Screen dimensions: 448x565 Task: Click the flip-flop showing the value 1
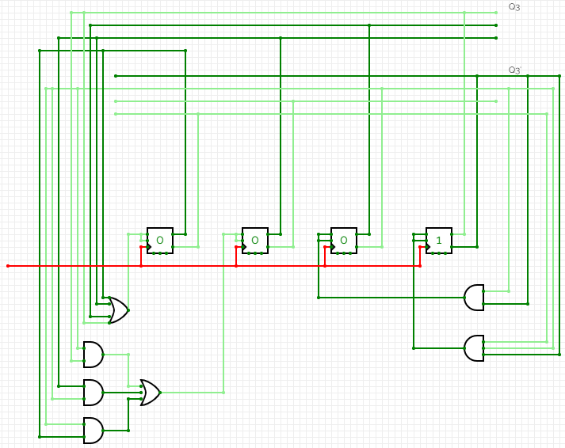(x=438, y=241)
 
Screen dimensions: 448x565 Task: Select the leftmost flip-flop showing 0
(x=159, y=241)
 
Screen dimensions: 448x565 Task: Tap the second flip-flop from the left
(x=255, y=241)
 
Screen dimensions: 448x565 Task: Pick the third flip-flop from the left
(x=344, y=241)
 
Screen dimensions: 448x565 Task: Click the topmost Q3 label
(x=514, y=7)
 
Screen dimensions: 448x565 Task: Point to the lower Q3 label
(x=514, y=70)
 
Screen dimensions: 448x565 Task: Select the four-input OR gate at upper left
(x=118, y=310)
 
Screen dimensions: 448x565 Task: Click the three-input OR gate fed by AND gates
(x=150, y=393)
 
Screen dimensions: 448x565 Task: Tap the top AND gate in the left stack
(x=94, y=355)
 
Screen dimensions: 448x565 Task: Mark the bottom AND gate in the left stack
(x=94, y=431)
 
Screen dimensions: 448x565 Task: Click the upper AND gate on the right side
(x=474, y=298)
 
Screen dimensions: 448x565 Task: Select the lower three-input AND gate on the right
(x=474, y=348)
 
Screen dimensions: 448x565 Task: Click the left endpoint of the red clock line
(x=8, y=266)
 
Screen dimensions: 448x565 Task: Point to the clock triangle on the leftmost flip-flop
(x=150, y=247)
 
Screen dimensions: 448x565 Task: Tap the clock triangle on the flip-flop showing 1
(x=429, y=247)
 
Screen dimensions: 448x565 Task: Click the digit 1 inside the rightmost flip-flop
(x=438, y=240)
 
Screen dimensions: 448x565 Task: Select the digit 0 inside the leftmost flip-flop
(x=159, y=240)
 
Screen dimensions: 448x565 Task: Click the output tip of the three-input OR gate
(x=160, y=393)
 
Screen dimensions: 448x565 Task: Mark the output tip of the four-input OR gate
(x=128, y=310)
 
